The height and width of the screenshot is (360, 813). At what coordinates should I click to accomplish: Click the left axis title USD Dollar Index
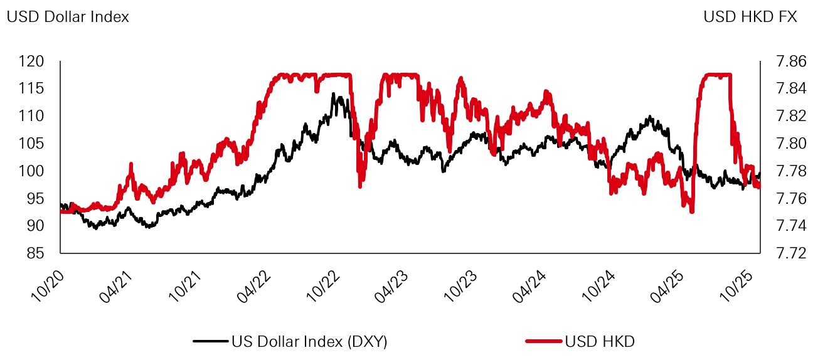point(68,18)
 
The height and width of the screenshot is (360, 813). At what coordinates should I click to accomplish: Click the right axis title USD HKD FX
point(750,18)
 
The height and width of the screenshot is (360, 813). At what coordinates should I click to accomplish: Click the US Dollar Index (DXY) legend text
point(309,342)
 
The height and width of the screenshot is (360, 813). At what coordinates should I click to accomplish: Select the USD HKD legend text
point(600,342)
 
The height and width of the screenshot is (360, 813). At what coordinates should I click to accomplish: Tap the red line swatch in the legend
point(543,342)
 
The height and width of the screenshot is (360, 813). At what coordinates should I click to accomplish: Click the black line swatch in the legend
point(210,342)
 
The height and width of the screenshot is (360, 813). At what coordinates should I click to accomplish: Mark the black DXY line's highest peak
point(333,94)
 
